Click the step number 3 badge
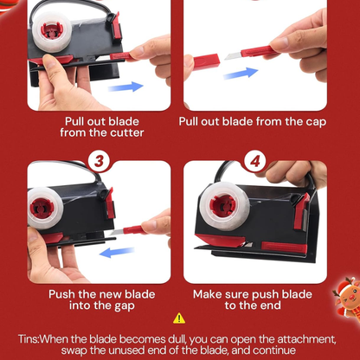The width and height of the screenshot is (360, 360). pos(99,161)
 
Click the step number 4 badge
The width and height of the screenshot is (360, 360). pos(255,161)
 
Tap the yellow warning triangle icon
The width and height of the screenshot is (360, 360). pos(179,318)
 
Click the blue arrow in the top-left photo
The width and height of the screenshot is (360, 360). pos(125,87)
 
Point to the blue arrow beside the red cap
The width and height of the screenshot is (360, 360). pos(241,74)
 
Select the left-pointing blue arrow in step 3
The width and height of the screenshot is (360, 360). pos(117,253)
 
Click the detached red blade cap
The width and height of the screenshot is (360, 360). pos(206,62)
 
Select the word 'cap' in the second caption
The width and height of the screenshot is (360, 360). pos(316,122)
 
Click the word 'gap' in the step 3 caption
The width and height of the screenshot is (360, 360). pos(124,306)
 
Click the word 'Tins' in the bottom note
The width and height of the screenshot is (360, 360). pos(28,338)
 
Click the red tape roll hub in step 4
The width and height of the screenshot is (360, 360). pos(222,205)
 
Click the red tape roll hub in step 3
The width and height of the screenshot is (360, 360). pos(42,208)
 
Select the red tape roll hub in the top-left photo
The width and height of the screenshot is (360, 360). pos(52,31)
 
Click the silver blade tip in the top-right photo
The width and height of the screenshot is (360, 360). pos(232,55)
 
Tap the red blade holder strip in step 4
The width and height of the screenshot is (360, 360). pos(284,247)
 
